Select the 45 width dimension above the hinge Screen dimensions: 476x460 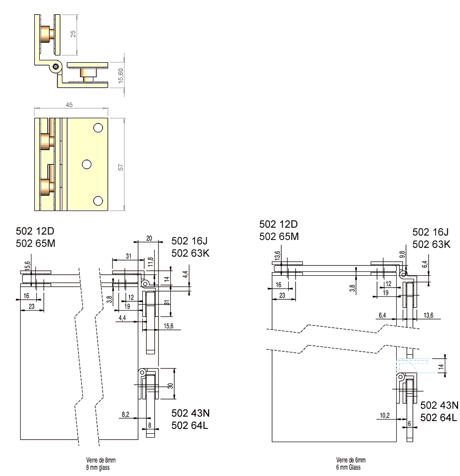(x=70, y=104)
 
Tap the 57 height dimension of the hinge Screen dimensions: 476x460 (x=121, y=167)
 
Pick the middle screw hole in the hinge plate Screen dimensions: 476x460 (x=87, y=164)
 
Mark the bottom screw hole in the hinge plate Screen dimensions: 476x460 (x=98, y=200)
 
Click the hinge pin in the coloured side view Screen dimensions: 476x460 (x=56, y=66)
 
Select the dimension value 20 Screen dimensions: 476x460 (x=149, y=238)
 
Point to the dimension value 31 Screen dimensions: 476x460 (x=128, y=256)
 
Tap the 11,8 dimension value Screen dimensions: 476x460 (x=151, y=263)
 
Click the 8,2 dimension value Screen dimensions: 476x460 (x=126, y=415)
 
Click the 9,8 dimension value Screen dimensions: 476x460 (x=402, y=255)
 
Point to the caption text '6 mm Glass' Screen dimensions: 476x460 (x=348, y=467)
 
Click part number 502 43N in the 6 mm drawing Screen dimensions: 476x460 (x=439, y=405)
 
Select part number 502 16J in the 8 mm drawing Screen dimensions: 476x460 (x=189, y=240)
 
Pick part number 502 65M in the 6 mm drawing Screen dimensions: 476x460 (x=278, y=237)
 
